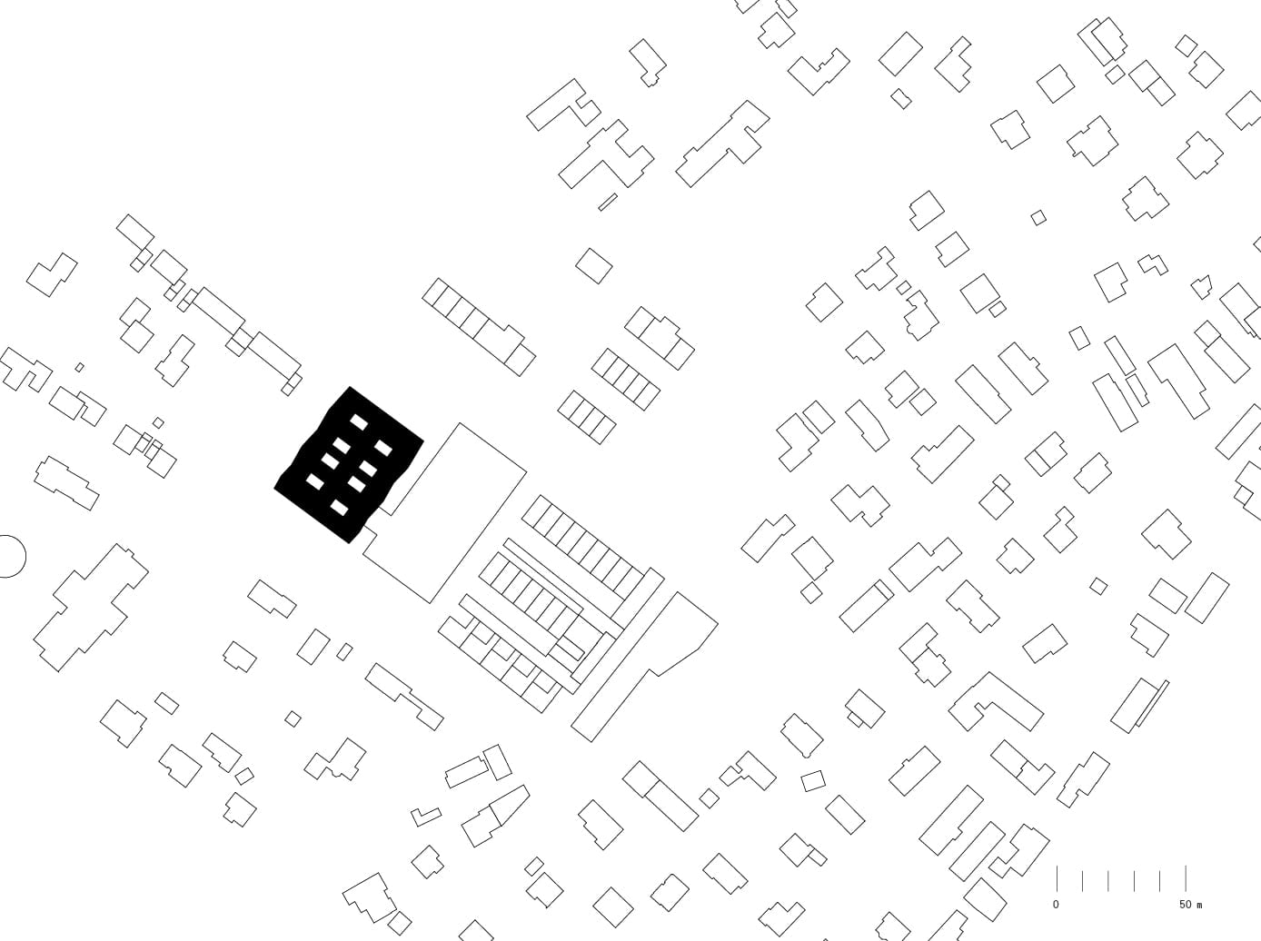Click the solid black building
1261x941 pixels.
349,466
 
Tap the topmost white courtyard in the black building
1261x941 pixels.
360,422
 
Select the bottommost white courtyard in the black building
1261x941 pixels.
339,507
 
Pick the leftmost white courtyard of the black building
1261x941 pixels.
314,481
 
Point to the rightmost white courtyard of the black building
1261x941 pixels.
383,447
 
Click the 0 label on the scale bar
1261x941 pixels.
1056,905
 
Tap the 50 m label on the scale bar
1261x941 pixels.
1190,905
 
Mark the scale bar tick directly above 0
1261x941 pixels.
1057,878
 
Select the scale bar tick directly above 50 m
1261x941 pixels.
1186,878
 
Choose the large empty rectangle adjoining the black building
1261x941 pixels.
445,512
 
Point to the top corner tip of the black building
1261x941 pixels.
350,387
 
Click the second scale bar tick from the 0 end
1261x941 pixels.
1082,881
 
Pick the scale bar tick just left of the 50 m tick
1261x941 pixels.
1160,881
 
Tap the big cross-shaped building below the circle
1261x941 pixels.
91,608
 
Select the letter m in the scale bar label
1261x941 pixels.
1198,906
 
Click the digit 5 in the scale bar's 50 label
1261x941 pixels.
1182,905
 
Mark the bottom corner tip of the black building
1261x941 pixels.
349,543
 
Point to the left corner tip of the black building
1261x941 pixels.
274,489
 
